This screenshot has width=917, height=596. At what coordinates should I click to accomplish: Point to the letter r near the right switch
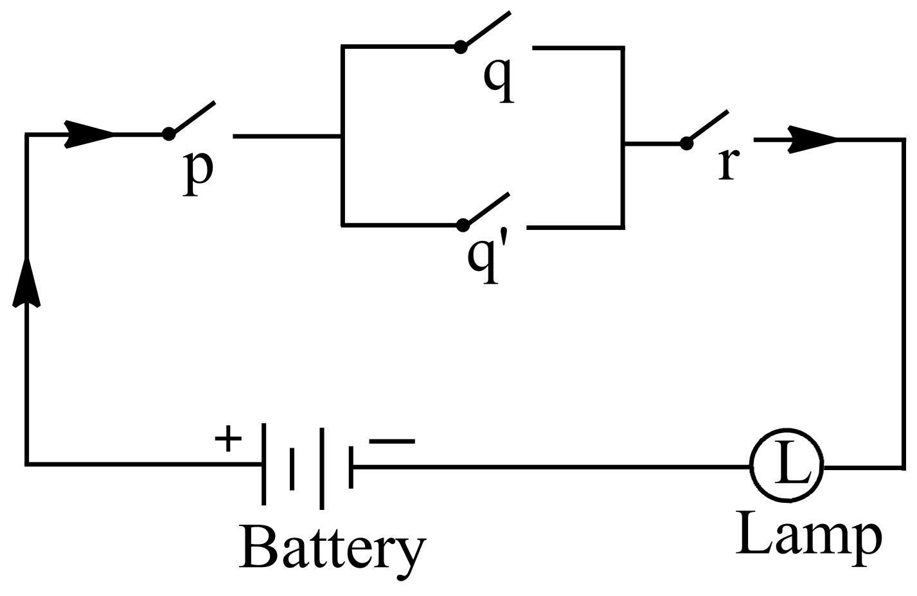pos(726,164)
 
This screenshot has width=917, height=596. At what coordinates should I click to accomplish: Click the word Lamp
pos(808,535)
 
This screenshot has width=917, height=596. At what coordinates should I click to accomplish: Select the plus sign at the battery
pos(228,441)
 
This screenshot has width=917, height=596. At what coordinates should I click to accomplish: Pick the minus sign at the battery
pos(392,441)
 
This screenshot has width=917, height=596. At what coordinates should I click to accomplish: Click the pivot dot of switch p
pos(168,134)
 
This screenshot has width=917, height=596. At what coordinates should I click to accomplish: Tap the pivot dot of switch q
pos(461,46)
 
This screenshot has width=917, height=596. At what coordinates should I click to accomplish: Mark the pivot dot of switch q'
pos(463,224)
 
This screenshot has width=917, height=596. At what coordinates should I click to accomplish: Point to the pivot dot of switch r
pos(686,143)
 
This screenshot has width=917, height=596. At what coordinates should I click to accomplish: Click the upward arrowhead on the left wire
pos(26,283)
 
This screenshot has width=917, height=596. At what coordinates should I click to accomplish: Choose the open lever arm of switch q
pos(487,28)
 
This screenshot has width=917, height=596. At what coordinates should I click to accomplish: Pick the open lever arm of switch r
pos(708,127)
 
